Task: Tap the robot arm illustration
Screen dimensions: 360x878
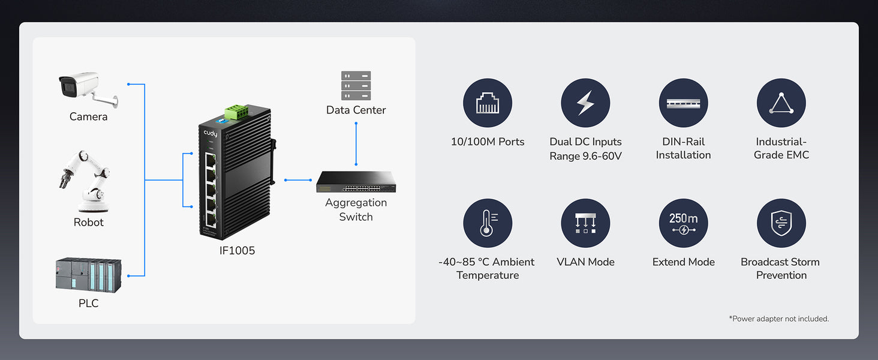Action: tap(88, 181)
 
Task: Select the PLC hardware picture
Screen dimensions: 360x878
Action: tap(88, 275)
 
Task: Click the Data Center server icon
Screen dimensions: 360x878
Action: tap(356, 85)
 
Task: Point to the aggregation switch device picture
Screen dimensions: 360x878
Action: tap(355, 182)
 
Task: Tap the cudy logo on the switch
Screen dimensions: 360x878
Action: tap(210, 133)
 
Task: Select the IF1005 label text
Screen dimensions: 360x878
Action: tap(237, 251)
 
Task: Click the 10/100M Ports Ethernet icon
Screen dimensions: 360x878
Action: tap(488, 103)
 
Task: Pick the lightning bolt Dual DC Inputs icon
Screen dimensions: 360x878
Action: tap(585, 103)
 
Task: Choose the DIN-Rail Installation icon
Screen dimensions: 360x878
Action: tap(683, 103)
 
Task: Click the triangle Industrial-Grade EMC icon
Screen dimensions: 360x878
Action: tap(781, 103)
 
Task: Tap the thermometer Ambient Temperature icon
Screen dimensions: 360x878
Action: tap(488, 223)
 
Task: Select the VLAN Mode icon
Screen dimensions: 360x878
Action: tap(585, 223)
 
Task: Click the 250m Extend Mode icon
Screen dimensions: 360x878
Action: tap(683, 223)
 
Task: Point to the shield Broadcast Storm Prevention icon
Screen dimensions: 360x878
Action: tap(781, 223)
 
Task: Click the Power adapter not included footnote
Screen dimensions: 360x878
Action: tap(778, 319)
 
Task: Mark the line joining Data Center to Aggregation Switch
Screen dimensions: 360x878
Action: tap(356, 144)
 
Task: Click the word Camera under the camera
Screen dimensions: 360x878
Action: tap(88, 116)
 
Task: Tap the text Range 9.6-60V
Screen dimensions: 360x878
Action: tap(585, 155)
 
